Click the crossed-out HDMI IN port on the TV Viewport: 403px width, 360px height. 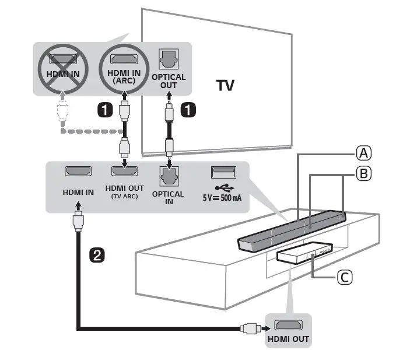[61, 59]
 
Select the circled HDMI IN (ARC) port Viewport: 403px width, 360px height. [123, 58]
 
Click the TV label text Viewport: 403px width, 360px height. [226, 86]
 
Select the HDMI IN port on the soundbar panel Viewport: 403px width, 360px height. [78, 172]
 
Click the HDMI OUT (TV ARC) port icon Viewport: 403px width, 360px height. [124, 172]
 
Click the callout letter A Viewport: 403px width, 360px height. [363, 153]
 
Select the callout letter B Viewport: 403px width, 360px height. [363, 173]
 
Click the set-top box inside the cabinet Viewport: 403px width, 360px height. [303, 253]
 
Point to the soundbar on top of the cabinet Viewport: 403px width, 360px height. [292, 230]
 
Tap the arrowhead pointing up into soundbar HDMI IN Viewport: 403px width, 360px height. [78, 206]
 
